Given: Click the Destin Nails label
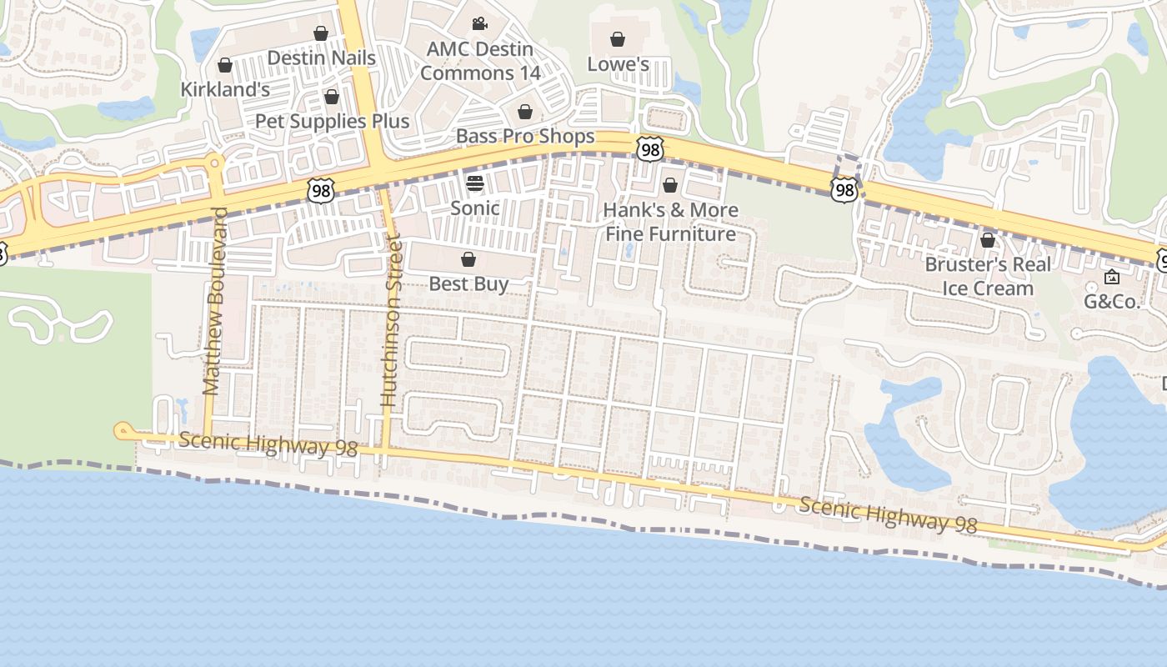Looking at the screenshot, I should tap(321, 58).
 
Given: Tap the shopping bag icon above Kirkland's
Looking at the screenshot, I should tap(224, 65).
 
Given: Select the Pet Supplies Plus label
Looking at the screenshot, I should tap(332, 121).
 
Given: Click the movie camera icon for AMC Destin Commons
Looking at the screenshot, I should tap(479, 24).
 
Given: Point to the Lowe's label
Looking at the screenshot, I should tap(618, 64).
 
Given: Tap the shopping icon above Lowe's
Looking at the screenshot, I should tap(618, 39).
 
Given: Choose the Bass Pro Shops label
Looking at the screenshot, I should tap(525, 136).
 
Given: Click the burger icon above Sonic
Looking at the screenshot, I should tap(475, 183).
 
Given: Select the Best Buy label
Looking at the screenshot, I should tap(468, 283).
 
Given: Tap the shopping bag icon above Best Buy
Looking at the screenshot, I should tap(468, 259).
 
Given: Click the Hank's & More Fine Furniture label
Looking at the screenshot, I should tap(670, 222).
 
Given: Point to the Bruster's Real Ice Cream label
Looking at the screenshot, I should tap(988, 276).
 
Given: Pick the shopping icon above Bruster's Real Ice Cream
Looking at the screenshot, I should tap(988, 241).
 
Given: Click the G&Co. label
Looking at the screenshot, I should tap(1111, 302).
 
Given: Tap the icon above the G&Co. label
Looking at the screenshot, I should tap(1111, 277).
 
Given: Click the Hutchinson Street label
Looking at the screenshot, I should tap(391, 322).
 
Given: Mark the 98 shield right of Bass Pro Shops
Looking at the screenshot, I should tap(649, 148).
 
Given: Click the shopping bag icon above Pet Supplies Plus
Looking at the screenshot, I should tap(332, 97).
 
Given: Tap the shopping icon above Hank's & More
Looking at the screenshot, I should tap(670, 185).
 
